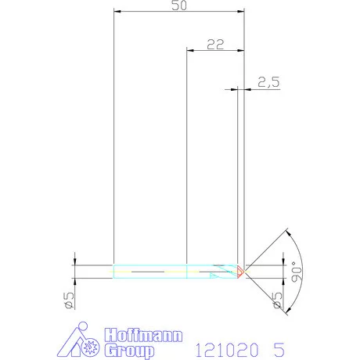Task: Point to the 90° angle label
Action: pyautogui.click(x=294, y=271)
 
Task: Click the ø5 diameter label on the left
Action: pyautogui.click(x=68, y=300)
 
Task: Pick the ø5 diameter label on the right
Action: pyautogui.click(x=278, y=300)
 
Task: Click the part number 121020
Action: pyautogui.click(x=225, y=349)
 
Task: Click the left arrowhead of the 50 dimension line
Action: pyautogui.click(x=117, y=12)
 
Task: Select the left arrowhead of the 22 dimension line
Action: pyautogui.click(x=189, y=50)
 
